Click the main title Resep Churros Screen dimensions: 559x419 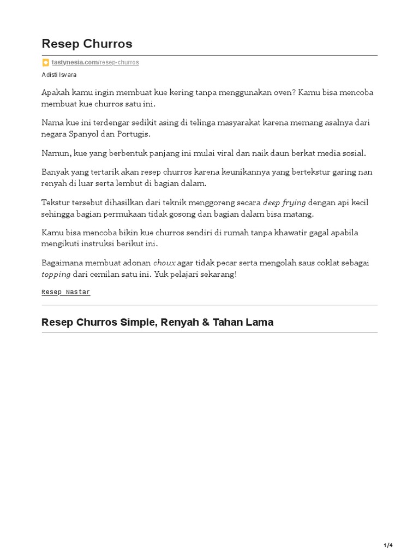pos(87,44)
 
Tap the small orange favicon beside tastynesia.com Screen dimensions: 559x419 pos(46,63)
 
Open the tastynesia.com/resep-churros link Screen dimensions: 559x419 pos(95,63)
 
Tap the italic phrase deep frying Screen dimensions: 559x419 pos(284,203)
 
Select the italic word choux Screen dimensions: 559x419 pos(164,263)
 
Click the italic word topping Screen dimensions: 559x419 pos(56,275)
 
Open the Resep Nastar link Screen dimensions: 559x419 pos(65,293)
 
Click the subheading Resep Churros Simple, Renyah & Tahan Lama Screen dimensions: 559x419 pos(157,323)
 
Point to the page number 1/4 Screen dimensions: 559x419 pos(388,545)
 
